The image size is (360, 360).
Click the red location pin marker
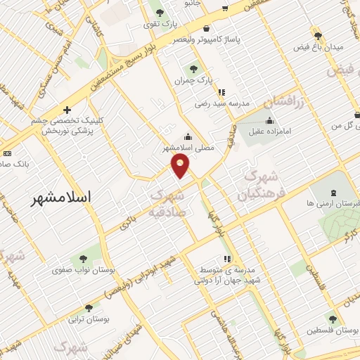181,165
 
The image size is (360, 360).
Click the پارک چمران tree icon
193,69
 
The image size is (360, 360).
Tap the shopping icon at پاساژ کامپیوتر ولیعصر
206,29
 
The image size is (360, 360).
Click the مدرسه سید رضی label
222,103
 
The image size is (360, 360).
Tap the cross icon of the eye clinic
67,110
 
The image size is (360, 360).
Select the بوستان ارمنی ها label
329,203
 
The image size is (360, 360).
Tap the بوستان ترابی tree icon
88,308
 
